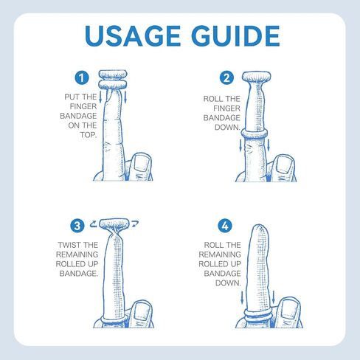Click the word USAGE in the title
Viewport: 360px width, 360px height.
[133, 36]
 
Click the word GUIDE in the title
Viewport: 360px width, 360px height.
[235, 36]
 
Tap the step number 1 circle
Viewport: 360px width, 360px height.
[82, 77]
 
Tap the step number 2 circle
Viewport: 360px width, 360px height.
[226, 77]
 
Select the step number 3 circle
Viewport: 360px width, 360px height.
[77, 226]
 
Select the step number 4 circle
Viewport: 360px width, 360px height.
[225, 226]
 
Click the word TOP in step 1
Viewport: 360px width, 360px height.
[88, 135]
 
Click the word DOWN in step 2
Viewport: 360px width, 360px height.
[227, 128]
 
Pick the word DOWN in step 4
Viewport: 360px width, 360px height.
[228, 283]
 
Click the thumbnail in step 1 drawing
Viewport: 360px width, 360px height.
[142, 163]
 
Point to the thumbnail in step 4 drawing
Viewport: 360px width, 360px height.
[289, 308]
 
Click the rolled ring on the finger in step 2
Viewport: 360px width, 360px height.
[254, 134]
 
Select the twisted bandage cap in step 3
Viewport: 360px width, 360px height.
[114, 224]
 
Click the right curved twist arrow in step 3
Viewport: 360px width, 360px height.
[135, 224]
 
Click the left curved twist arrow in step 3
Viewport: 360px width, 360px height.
[94, 224]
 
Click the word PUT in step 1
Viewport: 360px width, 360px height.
[70, 97]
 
